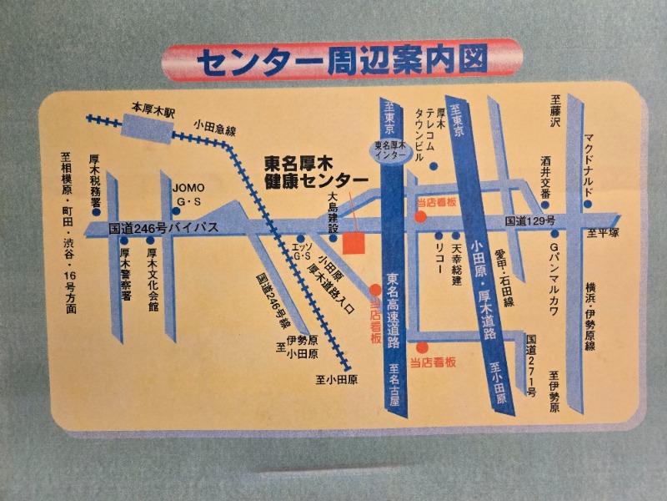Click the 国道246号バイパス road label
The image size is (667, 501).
tap(163, 227)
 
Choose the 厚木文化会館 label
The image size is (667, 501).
tap(153, 279)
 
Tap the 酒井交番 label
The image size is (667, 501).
tap(545, 177)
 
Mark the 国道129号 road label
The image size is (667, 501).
tap(529, 220)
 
